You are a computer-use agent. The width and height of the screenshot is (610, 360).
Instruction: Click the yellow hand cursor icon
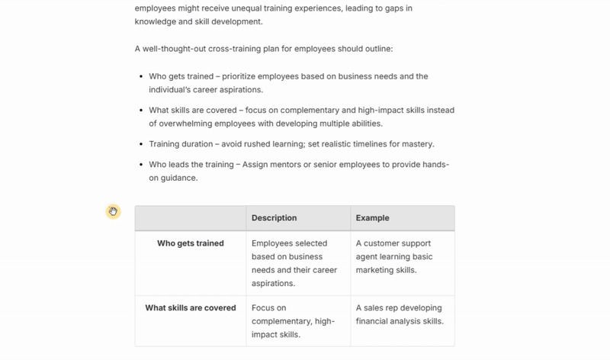(x=113, y=211)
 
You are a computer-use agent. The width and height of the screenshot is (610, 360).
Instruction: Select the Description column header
(x=274, y=218)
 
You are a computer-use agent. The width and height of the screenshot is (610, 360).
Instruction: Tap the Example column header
(x=372, y=218)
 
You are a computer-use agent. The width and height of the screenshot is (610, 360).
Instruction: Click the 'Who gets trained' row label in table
(x=191, y=244)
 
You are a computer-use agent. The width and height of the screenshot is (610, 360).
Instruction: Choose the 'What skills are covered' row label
(x=191, y=308)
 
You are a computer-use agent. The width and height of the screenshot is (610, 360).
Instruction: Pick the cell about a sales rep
(x=400, y=314)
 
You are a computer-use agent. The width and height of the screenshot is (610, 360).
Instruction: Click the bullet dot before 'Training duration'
(x=141, y=144)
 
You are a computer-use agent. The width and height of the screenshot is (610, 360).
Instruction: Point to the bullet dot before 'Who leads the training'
(x=141, y=166)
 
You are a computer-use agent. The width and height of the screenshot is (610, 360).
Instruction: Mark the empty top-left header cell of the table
(x=191, y=218)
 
